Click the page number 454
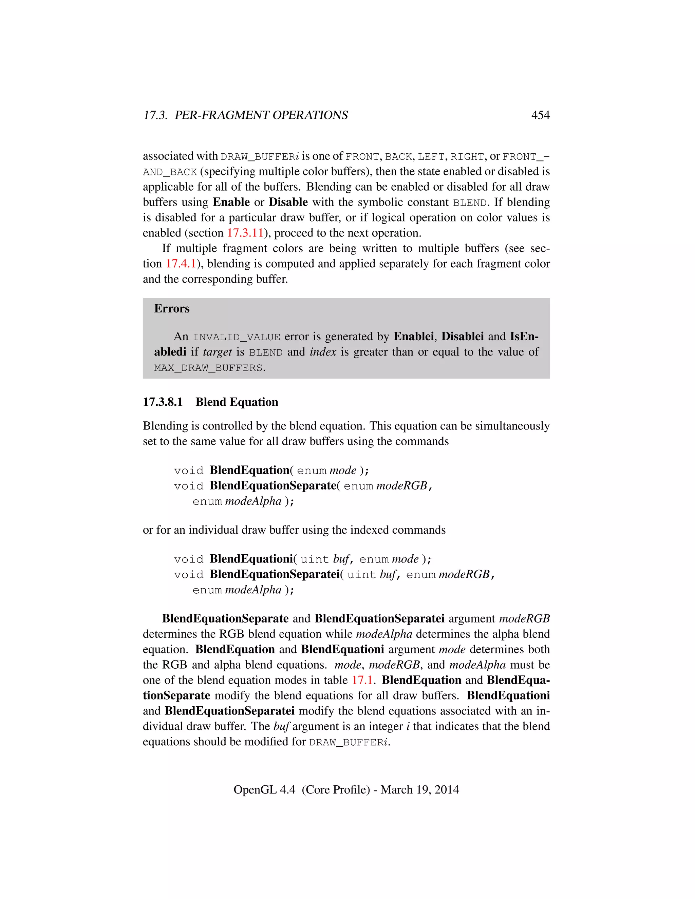pos(540,115)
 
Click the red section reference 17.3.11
pos(245,233)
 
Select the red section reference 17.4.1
pos(181,264)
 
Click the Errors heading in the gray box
pos(172,309)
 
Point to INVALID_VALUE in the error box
pos(237,337)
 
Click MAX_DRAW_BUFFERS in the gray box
pos(208,368)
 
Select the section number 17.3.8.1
pos(163,402)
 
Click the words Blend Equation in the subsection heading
pos(237,402)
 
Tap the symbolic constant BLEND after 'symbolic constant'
pos(470,203)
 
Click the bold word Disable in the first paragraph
pos(288,202)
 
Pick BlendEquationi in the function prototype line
pos(251,559)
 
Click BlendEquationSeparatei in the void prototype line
pos(275,574)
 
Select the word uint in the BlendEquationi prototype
pos(315,559)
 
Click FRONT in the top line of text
pos(362,157)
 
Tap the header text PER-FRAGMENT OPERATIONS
pos(261,115)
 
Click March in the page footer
pos(396,789)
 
